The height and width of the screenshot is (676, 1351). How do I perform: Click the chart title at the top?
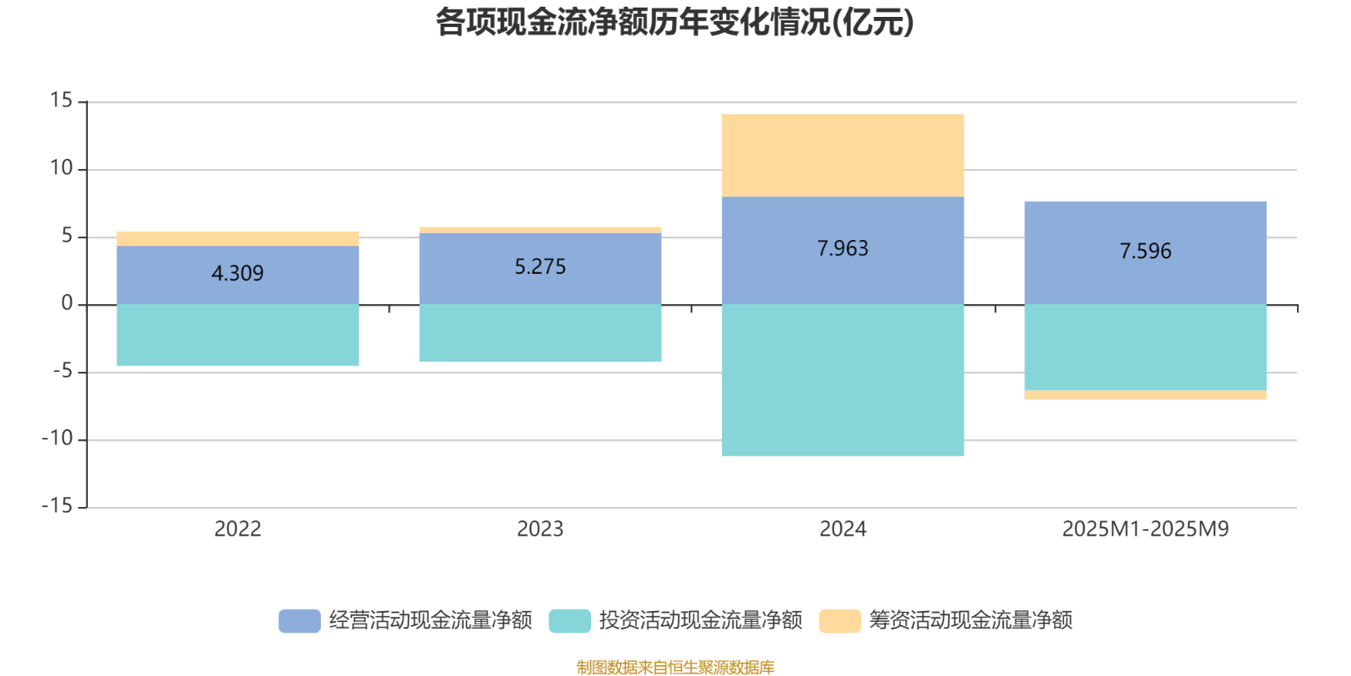point(675,23)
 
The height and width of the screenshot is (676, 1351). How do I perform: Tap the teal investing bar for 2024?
point(843,380)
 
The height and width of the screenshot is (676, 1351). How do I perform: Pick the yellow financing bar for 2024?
point(843,155)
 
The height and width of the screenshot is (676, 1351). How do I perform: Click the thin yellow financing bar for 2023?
point(540,230)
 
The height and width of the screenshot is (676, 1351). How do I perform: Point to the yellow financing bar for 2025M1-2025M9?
point(1145,395)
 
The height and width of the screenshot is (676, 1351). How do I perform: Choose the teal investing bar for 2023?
point(540,333)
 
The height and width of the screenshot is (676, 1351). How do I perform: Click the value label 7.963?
point(843,248)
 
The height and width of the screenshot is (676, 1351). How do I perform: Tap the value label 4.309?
point(237,274)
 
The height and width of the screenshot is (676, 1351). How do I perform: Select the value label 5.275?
point(540,267)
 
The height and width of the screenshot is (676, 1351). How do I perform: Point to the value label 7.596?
point(1145,251)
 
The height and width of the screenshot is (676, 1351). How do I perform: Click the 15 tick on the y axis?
point(61,101)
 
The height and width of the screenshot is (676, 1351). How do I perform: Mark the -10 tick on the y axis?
point(57,439)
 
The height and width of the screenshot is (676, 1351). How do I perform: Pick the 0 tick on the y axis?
point(67,304)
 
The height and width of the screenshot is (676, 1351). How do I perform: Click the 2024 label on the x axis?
point(843,529)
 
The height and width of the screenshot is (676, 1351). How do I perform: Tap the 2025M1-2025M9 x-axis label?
point(1145,529)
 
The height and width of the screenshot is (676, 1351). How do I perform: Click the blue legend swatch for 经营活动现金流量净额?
point(299,620)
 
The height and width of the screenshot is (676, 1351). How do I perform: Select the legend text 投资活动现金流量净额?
point(700,620)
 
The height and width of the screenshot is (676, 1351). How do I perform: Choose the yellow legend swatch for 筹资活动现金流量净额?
point(839,620)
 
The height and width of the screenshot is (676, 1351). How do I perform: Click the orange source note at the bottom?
point(675,668)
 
